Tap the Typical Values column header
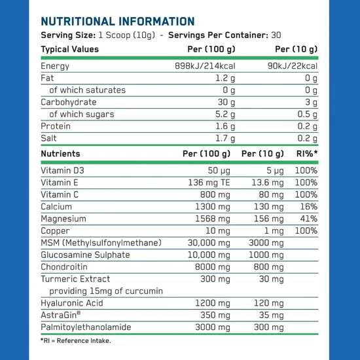[70, 49]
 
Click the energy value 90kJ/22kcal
[293, 66]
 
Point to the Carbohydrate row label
[68, 102]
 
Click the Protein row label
[56, 126]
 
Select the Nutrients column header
[60, 154]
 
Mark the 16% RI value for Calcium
[307, 206]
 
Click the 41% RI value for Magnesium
[307, 219]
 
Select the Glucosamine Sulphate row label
[85, 255]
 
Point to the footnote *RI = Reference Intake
[76, 341]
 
